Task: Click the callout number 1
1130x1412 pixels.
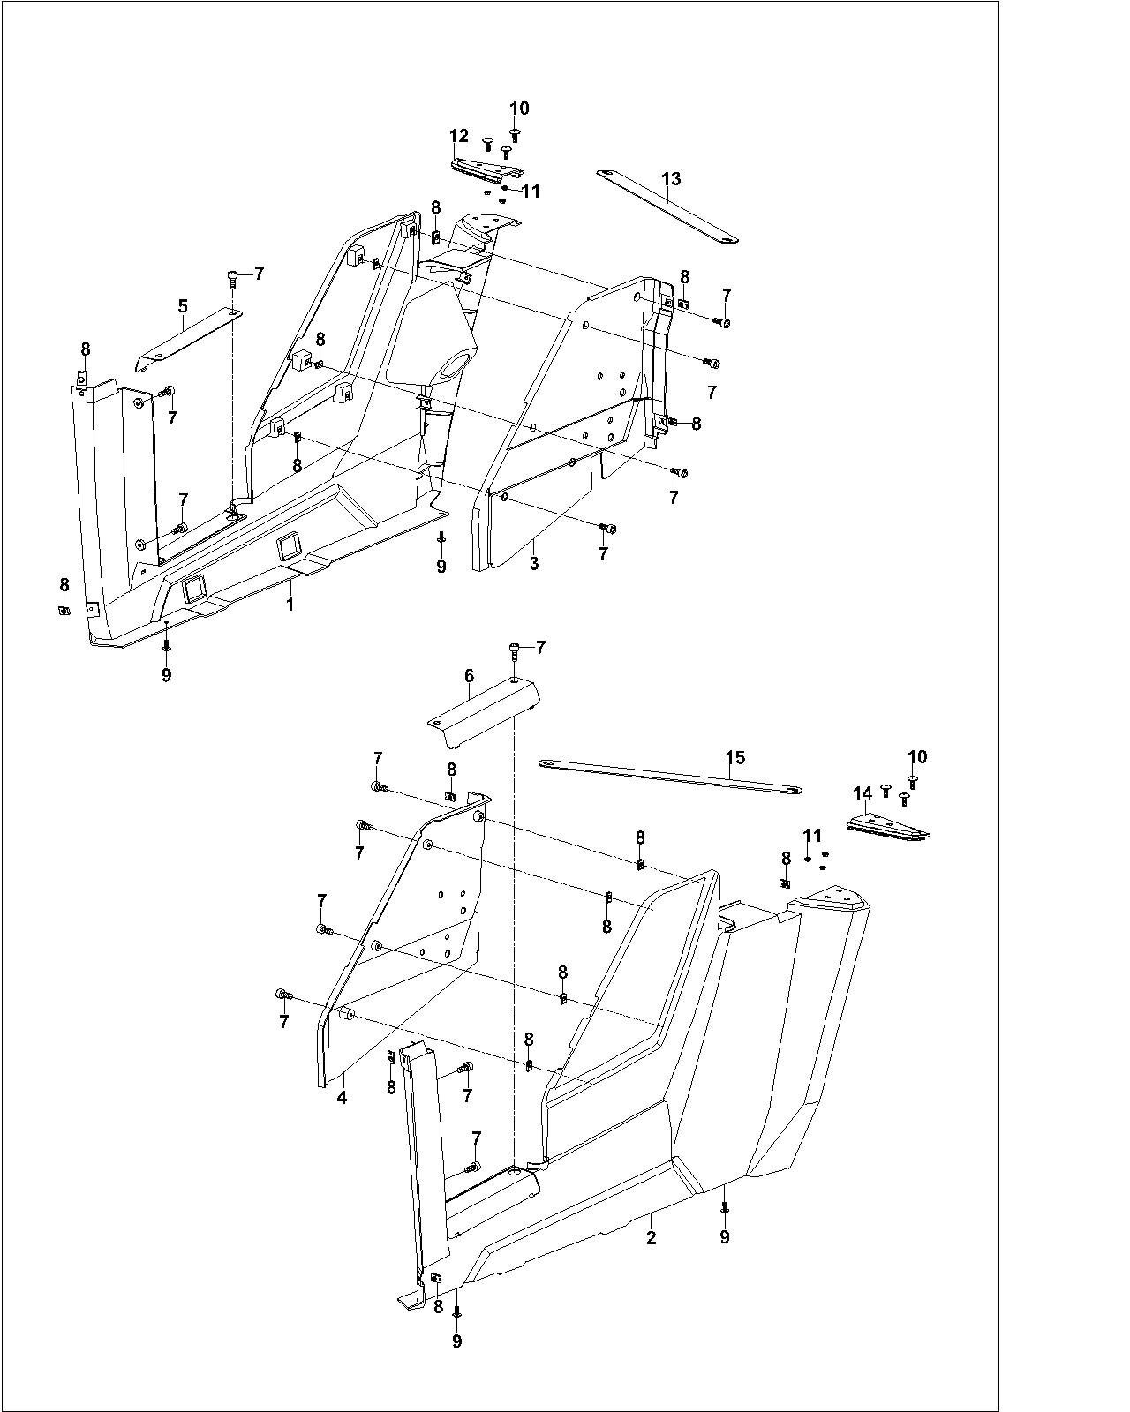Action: tap(289, 605)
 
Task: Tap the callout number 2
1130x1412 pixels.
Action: tap(652, 1237)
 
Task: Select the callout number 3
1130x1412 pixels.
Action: tap(534, 562)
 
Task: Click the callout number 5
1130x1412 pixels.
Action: tap(183, 306)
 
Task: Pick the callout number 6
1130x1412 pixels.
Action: tap(469, 676)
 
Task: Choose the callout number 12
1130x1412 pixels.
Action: tap(458, 136)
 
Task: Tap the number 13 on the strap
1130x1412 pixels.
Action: tap(671, 180)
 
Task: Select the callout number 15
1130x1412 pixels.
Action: tap(735, 757)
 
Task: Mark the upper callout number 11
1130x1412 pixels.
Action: tap(531, 191)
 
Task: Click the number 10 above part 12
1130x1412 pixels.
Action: tap(519, 108)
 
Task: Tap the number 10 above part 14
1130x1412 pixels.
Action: tap(917, 756)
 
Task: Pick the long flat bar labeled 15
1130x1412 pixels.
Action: tap(671, 775)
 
